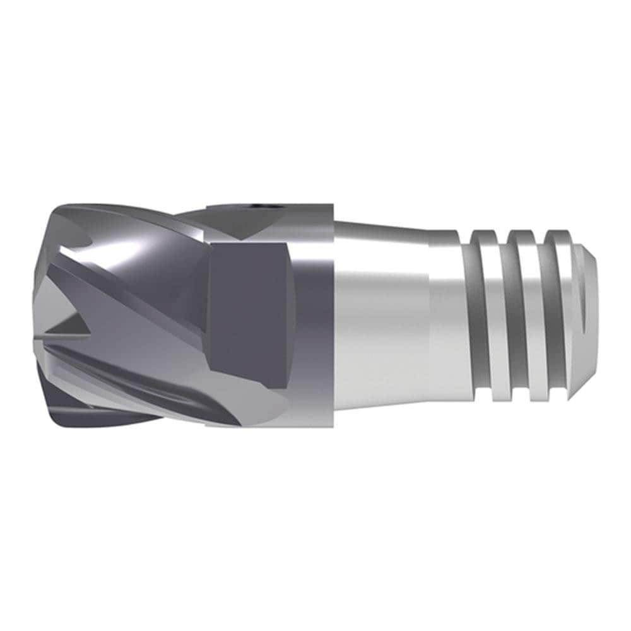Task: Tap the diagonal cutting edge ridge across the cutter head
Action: click(x=126, y=297)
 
